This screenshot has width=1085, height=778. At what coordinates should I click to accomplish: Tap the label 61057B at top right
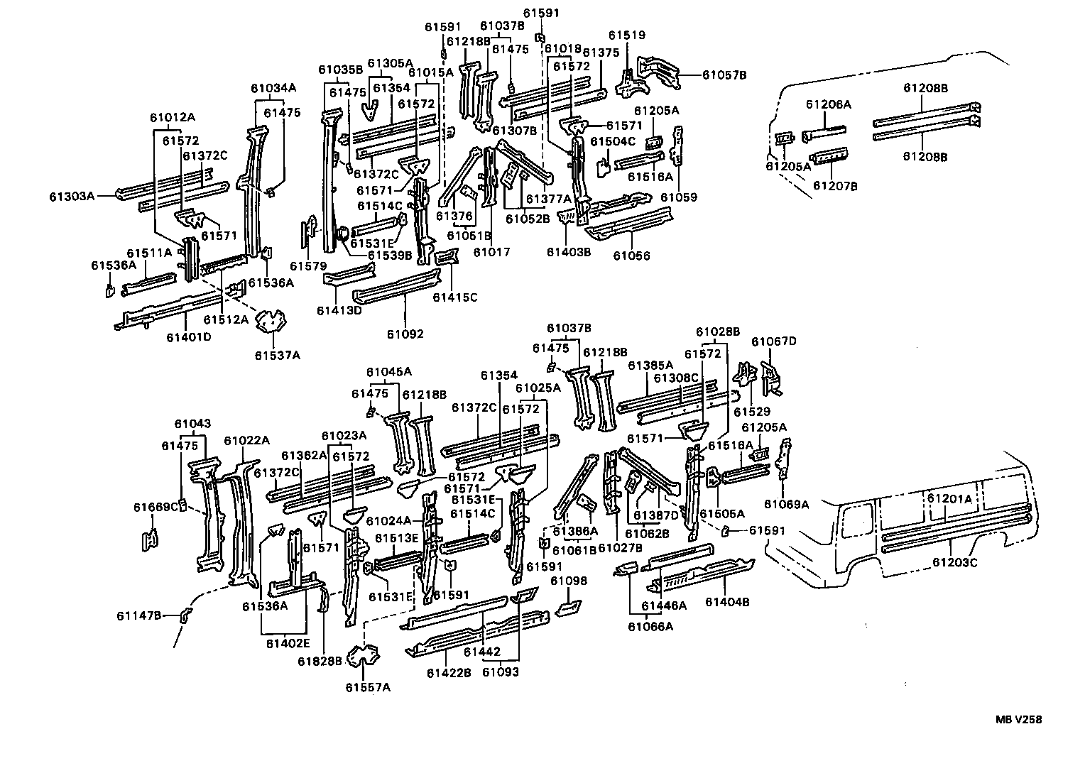pos(724,75)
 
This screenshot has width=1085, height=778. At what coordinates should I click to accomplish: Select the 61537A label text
pos(278,355)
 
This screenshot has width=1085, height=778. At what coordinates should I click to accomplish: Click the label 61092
pos(405,333)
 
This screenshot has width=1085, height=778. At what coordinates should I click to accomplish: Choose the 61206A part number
pos(828,104)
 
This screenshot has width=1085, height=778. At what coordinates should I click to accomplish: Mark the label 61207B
pos(835,186)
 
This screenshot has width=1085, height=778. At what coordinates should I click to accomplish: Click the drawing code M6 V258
pos(1018,719)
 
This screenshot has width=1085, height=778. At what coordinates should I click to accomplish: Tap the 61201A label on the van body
pos(950,499)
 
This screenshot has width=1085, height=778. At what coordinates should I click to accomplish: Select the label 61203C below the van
pos(955,562)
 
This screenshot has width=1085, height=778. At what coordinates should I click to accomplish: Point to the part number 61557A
pos(368,686)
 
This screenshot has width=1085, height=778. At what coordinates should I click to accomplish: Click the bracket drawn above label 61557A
pos(364,657)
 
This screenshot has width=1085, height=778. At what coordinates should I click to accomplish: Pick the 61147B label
pos(139,615)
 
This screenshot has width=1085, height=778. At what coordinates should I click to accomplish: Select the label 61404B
pos(728,602)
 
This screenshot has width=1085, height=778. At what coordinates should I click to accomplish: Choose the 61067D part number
pos(774,341)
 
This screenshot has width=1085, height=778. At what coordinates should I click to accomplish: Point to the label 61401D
pos(189,336)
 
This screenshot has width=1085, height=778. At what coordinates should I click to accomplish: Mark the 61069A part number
pos(787,504)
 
